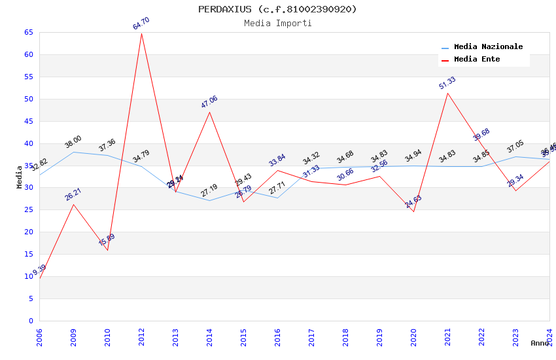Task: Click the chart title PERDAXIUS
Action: click(x=278, y=9)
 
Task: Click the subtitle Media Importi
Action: click(x=278, y=24)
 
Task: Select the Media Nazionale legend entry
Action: click(x=488, y=47)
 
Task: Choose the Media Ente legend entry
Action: click(x=477, y=60)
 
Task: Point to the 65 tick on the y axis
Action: click(x=28, y=32)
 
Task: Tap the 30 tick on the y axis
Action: click(x=28, y=188)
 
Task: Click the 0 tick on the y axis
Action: click(x=31, y=321)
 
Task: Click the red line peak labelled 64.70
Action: click(x=141, y=33)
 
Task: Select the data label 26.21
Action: click(x=73, y=194)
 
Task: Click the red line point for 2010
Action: click(x=107, y=250)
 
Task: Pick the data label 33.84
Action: click(x=277, y=160)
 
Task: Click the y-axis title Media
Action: click(x=20, y=177)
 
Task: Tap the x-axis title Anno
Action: click(x=540, y=343)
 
